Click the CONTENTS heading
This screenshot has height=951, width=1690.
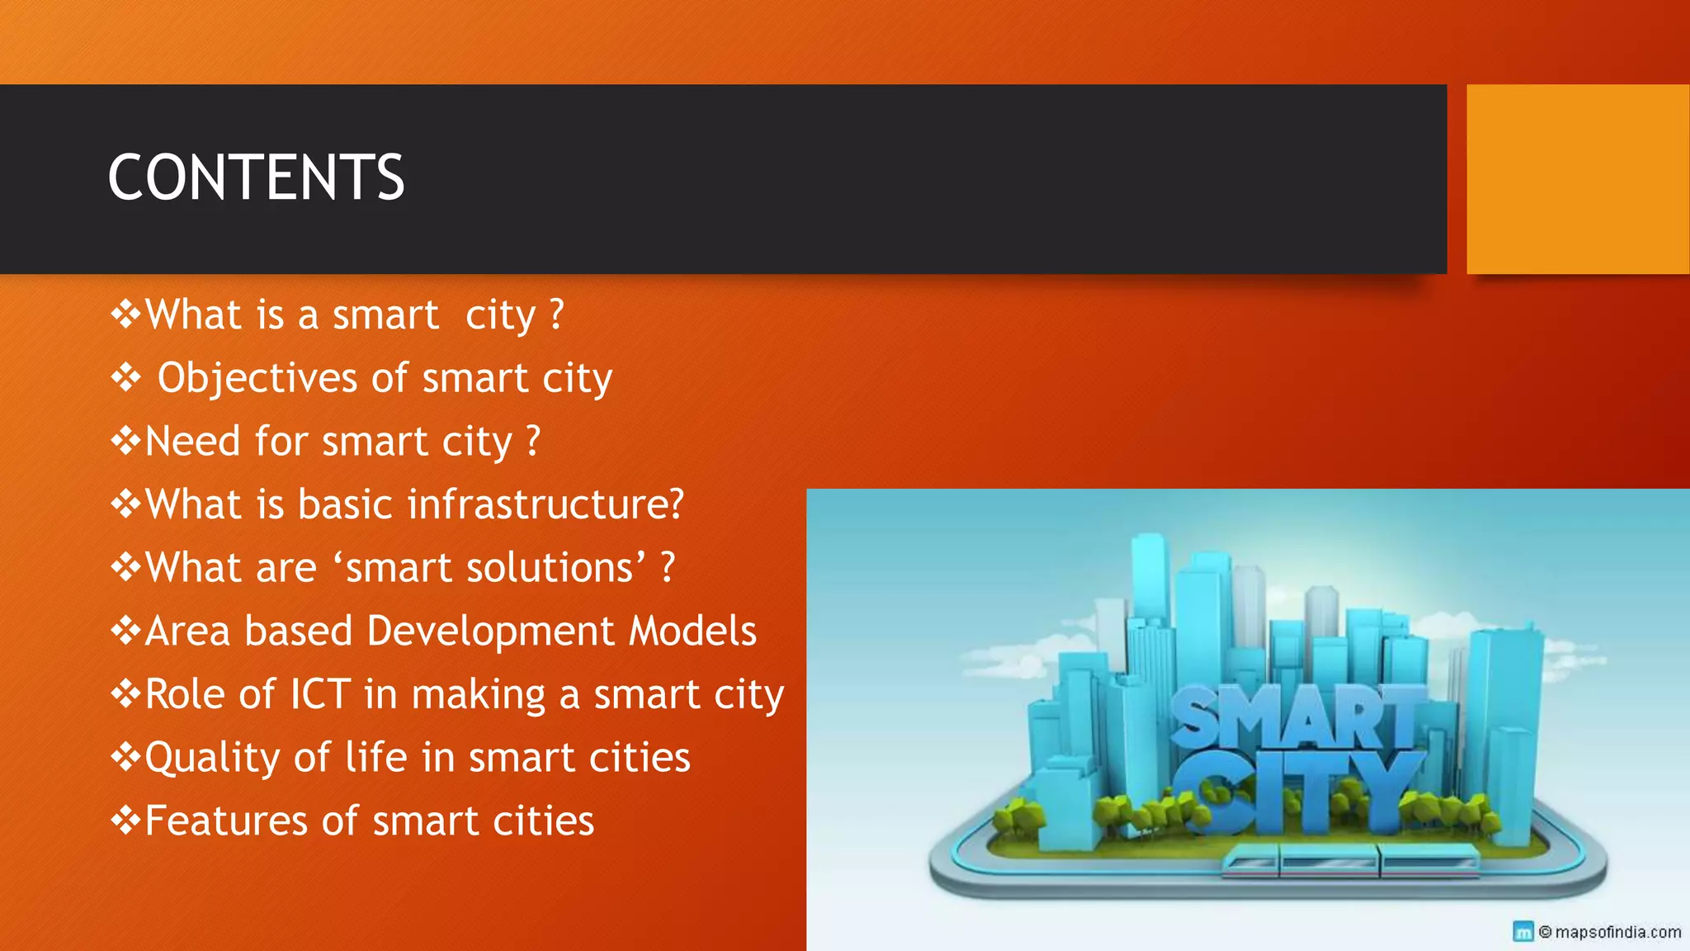[x=256, y=177]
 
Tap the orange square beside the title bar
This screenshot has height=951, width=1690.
[x=1578, y=179]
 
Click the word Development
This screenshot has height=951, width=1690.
[x=491, y=632]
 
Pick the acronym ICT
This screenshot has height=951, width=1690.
[x=320, y=694]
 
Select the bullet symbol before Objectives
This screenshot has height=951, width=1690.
[x=125, y=378]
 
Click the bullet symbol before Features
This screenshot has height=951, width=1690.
[x=125, y=821]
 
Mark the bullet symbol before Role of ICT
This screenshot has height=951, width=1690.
[x=125, y=694]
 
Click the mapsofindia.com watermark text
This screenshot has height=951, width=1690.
[x=1617, y=932]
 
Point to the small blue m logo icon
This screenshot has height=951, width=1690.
[x=1523, y=932]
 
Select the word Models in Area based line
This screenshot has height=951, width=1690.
[x=692, y=632]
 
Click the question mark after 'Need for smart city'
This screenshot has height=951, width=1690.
[x=533, y=442]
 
